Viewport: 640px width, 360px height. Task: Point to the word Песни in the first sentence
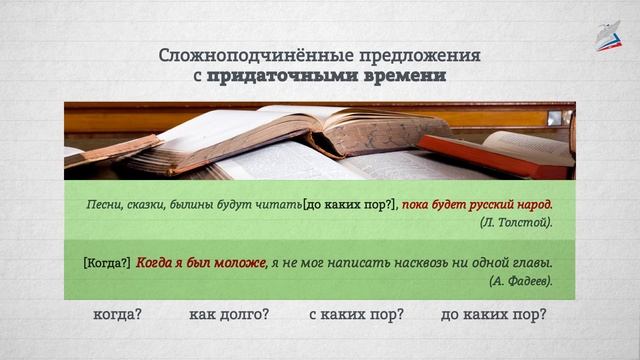click(105, 204)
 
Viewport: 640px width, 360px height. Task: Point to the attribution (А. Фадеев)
click(520, 282)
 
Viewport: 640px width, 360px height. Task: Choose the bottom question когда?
click(117, 314)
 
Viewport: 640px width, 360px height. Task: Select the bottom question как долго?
click(229, 314)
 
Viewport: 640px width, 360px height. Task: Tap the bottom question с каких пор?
click(356, 314)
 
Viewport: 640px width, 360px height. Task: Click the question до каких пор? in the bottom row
click(493, 314)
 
